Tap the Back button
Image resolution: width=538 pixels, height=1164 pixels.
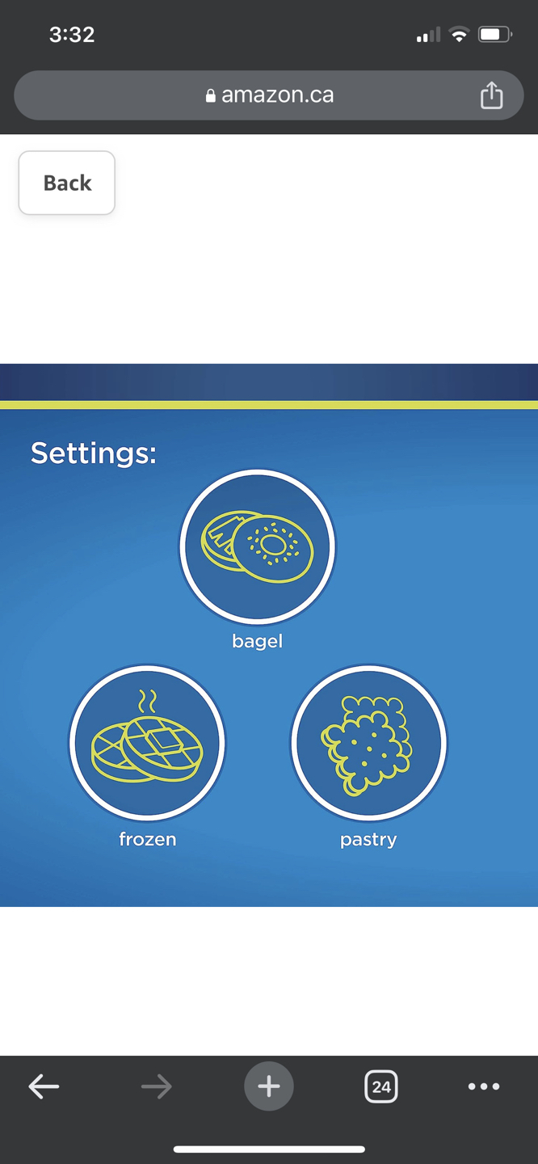click(66, 183)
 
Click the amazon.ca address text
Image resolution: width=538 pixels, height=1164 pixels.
click(277, 95)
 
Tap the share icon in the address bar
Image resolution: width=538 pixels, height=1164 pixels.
click(491, 95)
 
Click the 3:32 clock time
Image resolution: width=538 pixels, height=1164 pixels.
click(72, 35)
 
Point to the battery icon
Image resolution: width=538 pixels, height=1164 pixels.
click(495, 35)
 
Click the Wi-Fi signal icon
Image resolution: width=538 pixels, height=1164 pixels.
click(459, 35)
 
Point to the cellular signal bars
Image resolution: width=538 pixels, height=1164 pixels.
click(428, 35)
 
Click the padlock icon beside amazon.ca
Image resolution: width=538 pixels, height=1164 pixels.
click(210, 95)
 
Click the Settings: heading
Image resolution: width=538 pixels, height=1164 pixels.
click(94, 453)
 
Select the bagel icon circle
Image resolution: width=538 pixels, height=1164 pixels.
click(258, 546)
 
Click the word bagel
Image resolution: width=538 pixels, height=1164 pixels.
click(258, 641)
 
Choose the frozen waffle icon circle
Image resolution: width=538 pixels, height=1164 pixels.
click(148, 743)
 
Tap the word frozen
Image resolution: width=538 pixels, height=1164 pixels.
click(148, 839)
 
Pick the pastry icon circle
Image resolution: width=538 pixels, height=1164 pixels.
click(368, 743)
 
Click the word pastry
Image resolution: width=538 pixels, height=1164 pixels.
click(368, 841)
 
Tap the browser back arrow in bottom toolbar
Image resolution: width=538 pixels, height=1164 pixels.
click(44, 1086)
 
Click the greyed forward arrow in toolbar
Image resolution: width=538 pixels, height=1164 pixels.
click(157, 1086)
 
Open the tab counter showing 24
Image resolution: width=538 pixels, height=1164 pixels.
click(381, 1086)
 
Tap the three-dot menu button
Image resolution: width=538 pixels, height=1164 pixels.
click(484, 1086)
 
